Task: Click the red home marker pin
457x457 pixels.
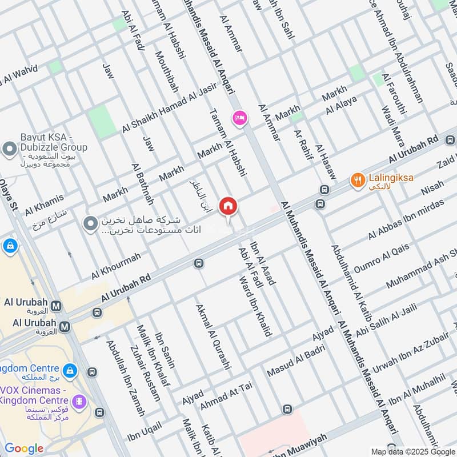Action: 228,206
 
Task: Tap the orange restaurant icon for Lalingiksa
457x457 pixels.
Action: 358,179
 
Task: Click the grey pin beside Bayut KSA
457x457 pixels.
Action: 9,150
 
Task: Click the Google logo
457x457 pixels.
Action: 24,448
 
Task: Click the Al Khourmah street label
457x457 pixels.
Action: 116,266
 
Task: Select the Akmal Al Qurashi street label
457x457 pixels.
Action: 213,337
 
